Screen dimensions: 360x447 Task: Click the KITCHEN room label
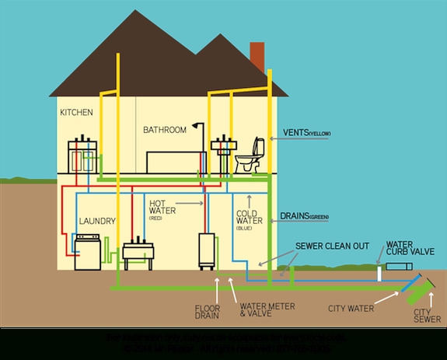[76, 113]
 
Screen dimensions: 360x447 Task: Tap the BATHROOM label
[165, 130]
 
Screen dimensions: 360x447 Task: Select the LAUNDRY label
[97, 222]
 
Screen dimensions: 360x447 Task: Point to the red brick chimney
[257, 57]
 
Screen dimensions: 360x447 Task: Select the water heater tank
[207, 248]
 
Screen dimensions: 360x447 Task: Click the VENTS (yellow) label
[308, 133]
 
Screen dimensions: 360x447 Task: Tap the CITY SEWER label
[427, 314]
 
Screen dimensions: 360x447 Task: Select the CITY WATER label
[351, 308]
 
